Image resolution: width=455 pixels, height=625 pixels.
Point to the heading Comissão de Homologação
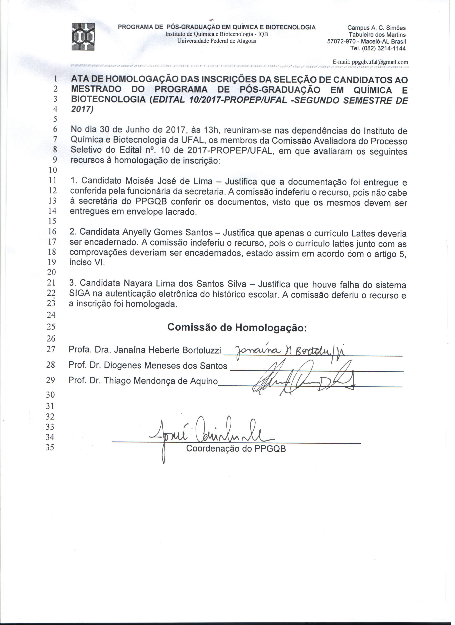pos(237,327)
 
